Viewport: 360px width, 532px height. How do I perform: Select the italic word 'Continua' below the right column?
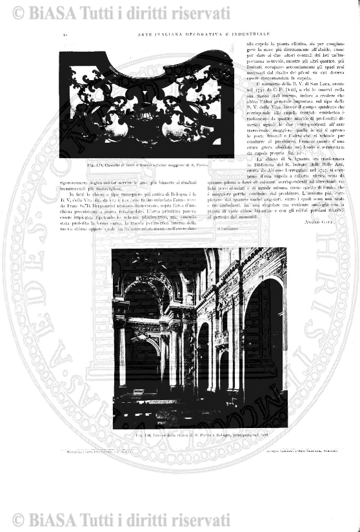coord(229,230)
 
